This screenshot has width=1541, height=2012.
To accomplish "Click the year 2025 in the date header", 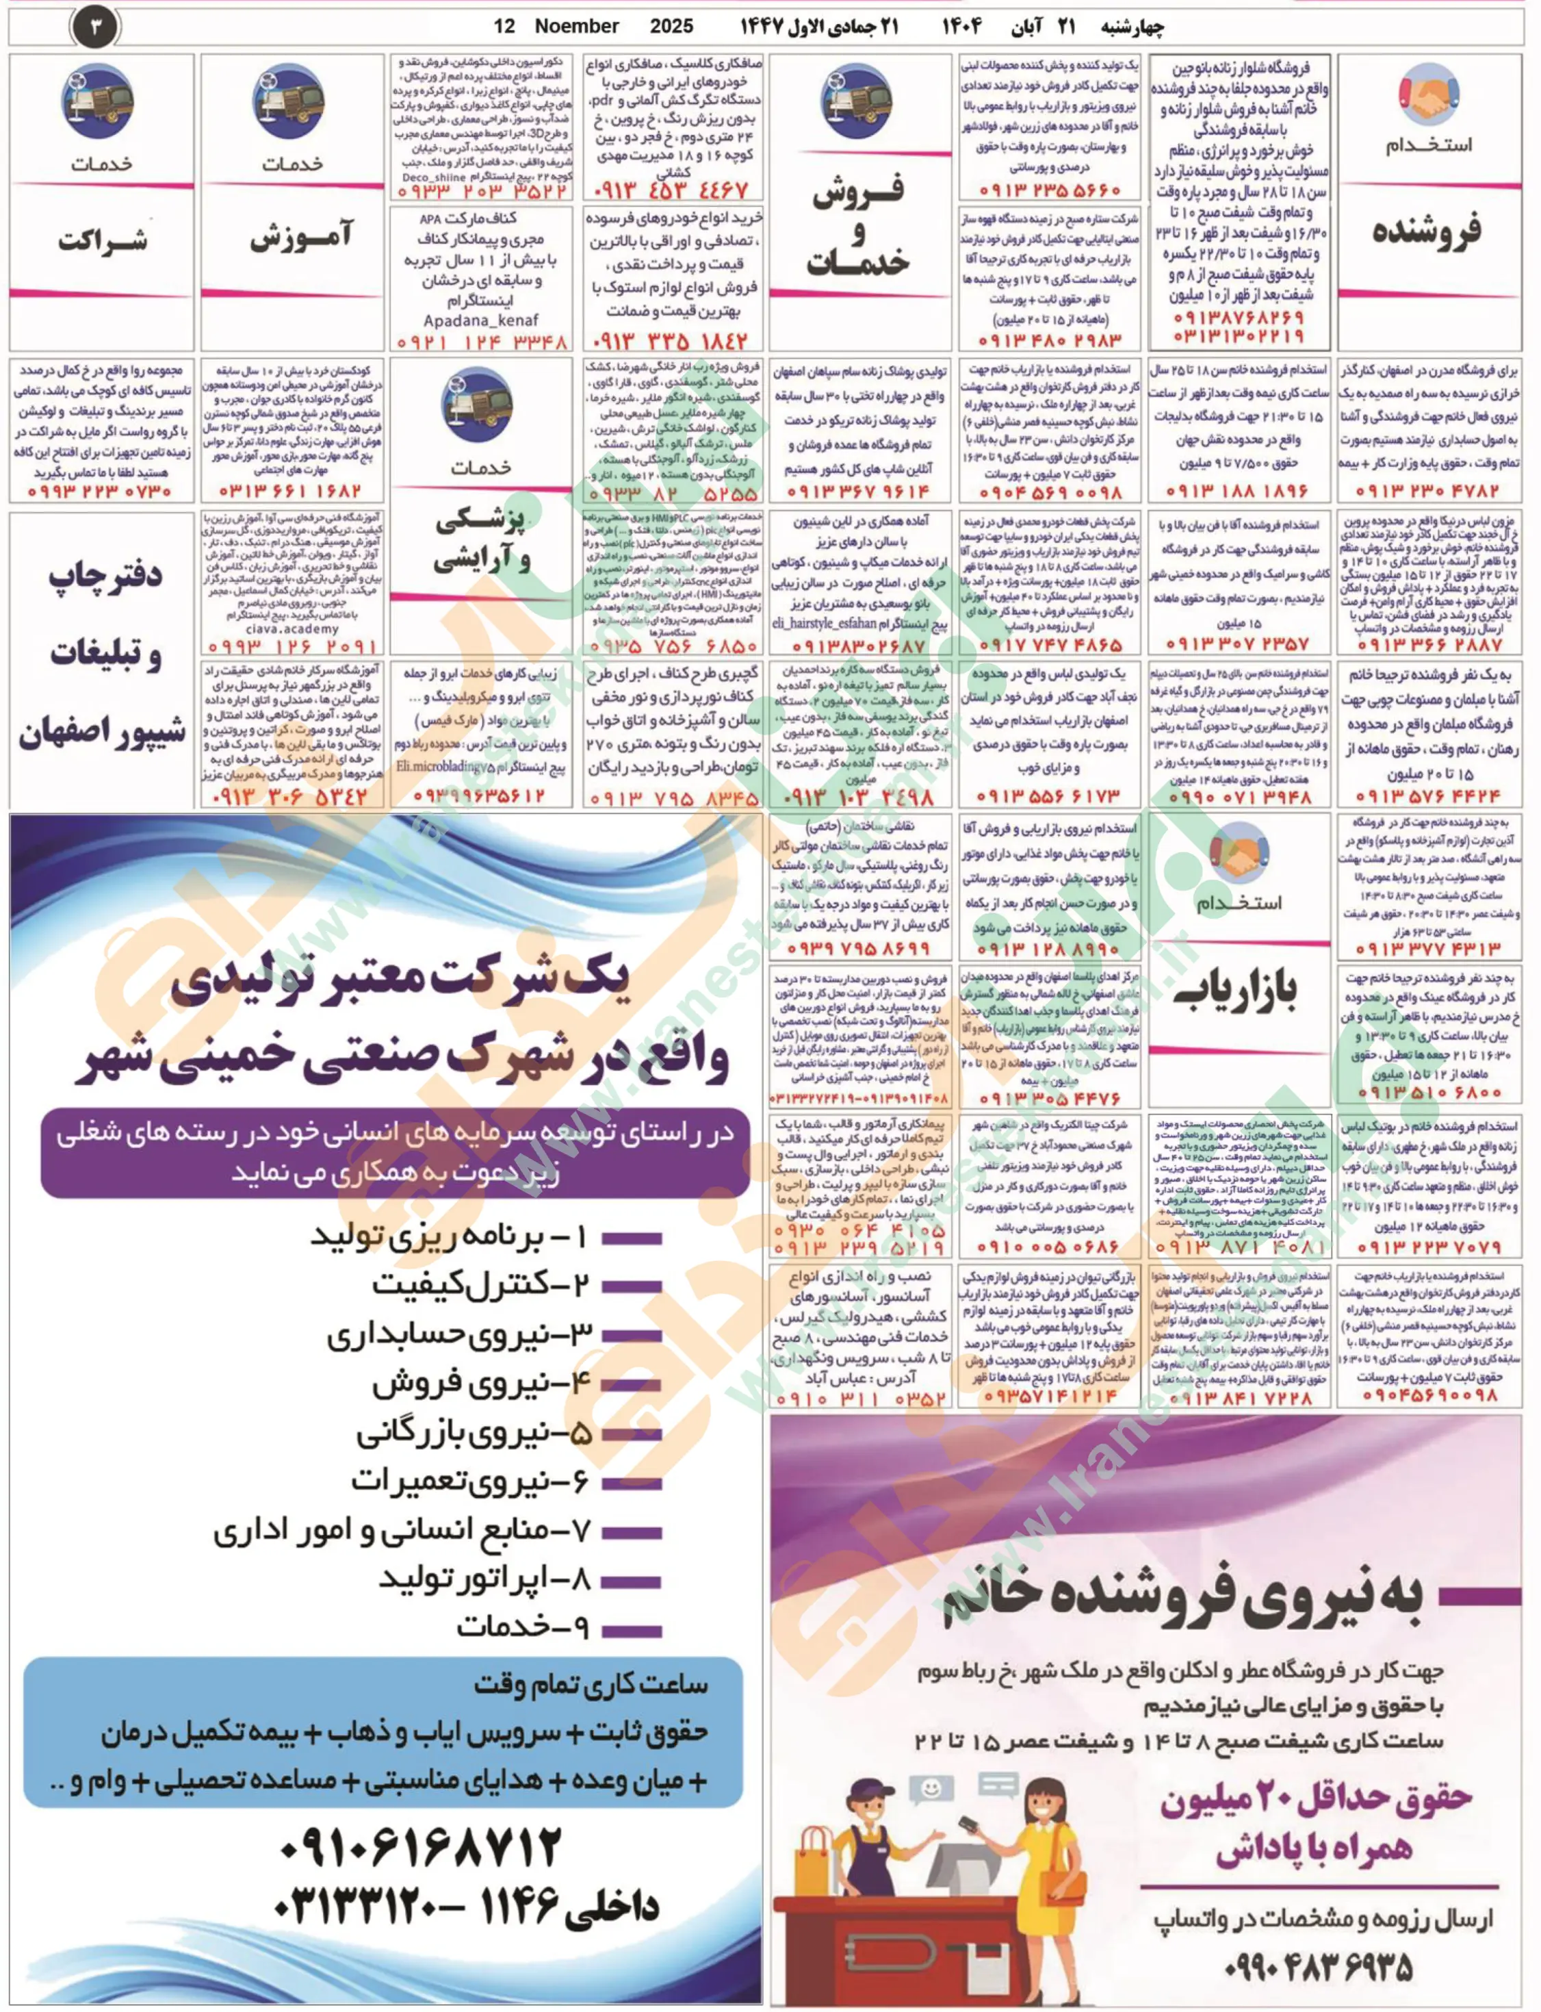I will point(671,27).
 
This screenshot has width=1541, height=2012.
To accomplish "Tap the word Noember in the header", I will point(576,27).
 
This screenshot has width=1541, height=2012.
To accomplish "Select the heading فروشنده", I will point(1426,231).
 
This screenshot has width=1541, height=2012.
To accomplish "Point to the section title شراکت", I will point(103,240).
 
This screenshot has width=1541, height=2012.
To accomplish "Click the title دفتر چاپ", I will point(105,575).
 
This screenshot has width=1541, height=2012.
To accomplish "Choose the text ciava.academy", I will point(293,629).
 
